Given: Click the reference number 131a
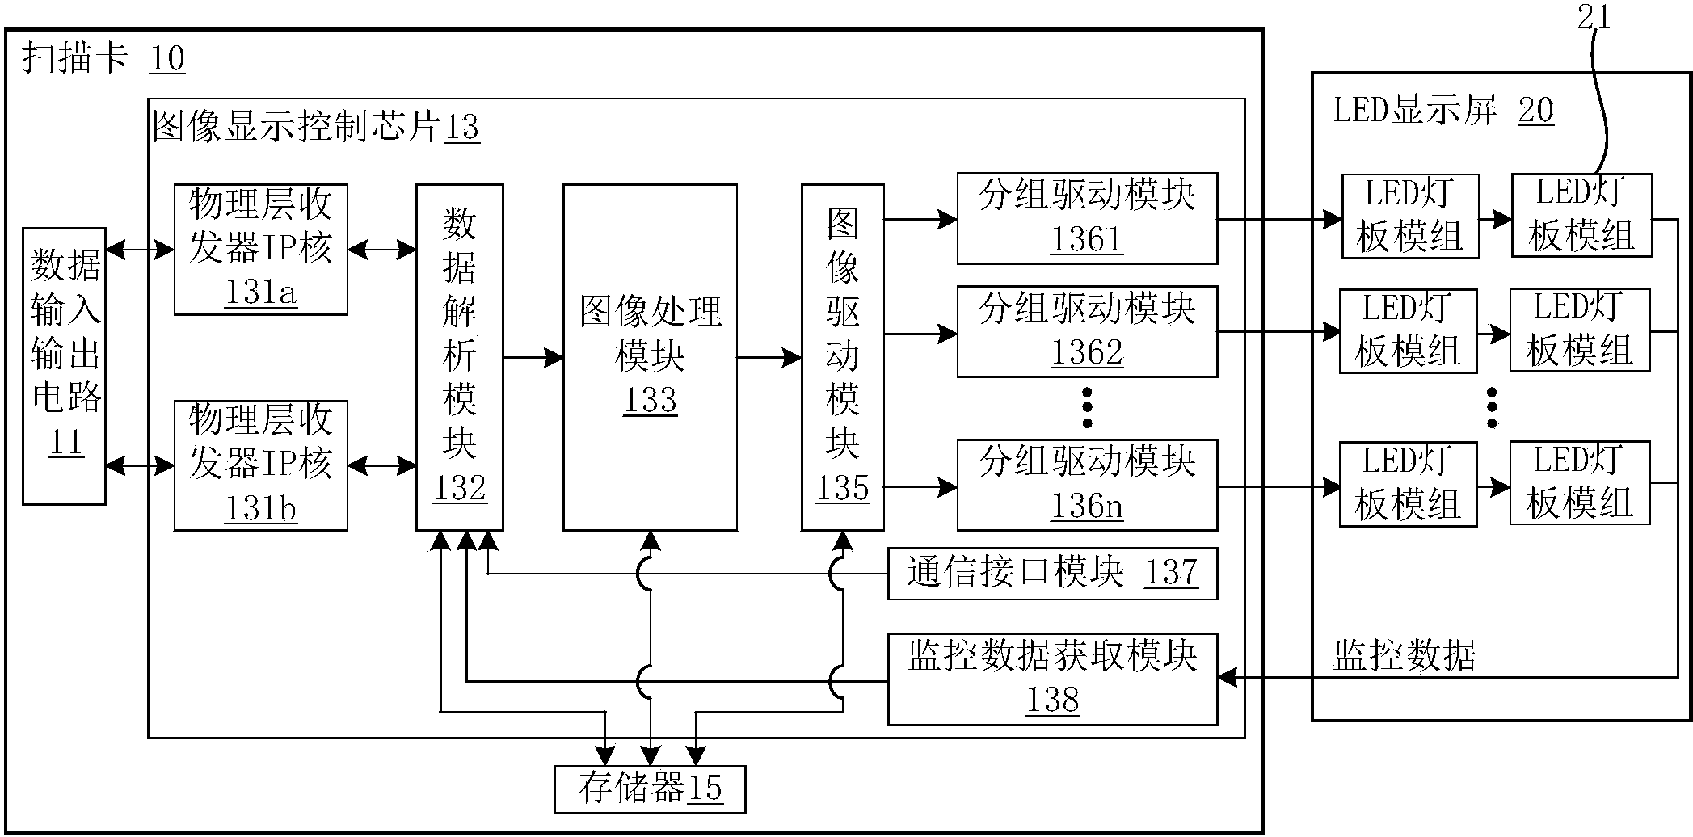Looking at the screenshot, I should (x=260, y=292).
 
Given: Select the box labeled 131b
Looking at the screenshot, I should (x=260, y=465).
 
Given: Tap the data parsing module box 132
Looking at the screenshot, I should (x=459, y=356).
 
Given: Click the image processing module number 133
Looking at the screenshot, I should (x=650, y=400).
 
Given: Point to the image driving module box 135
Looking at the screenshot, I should (x=842, y=356).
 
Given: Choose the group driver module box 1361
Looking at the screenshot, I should (x=1087, y=218).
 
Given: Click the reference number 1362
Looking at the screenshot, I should (x=1087, y=353).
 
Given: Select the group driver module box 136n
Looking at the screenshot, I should (x=1087, y=485).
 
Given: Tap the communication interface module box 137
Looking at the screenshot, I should (x=1052, y=574).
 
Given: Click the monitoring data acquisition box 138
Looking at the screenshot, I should (x=1052, y=679).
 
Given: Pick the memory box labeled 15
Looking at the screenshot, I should (x=650, y=789).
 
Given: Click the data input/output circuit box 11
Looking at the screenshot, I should (x=64, y=366).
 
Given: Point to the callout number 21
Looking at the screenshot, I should (x=1594, y=18).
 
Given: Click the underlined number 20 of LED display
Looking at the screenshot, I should (x=1535, y=110).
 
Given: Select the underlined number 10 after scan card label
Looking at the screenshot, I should (x=166, y=59).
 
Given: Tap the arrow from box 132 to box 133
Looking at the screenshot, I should (x=533, y=357).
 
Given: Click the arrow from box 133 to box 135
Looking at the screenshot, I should (x=769, y=357).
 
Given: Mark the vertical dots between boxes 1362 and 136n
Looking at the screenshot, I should (x=1087, y=408).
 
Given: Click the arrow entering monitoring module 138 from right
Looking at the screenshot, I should (x=1236, y=678).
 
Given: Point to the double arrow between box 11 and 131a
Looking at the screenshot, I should (x=140, y=250).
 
